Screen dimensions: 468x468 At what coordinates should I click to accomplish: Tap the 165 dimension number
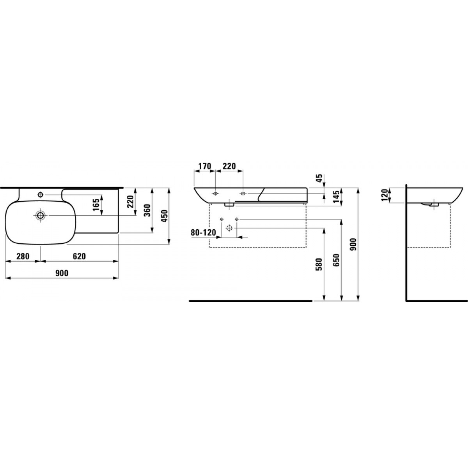coord(96,205)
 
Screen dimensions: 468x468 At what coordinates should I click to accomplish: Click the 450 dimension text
coord(165,216)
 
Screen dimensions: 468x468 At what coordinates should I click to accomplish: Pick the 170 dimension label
coord(205,166)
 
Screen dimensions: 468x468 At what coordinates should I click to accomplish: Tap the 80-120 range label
coord(203,233)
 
